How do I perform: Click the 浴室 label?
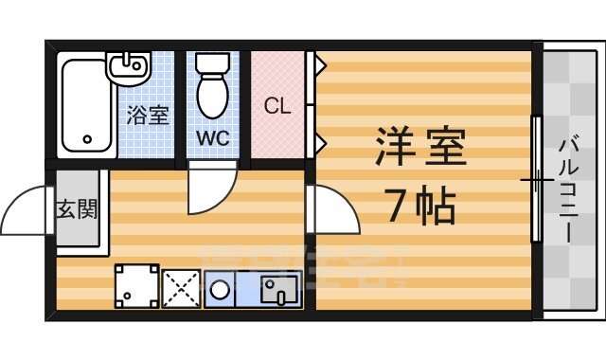pyautogui.click(x=148, y=116)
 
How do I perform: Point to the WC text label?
pyautogui.click(x=211, y=137)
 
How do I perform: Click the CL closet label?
pyautogui.click(x=276, y=105)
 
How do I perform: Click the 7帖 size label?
pyautogui.click(x=420, y=204)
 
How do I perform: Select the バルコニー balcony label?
pyautogui.click(x=571, y=189)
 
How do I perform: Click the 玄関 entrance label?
pyautogui.click(x=76, y=208)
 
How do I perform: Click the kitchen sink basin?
pyautogui.click(x=278, y=288)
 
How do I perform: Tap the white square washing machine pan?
pyautogui.click(x=136, y=286)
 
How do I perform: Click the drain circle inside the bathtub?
pyautogui.click(x=87, y=140)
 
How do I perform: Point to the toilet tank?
pyautogui.click(x=210, y=63)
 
